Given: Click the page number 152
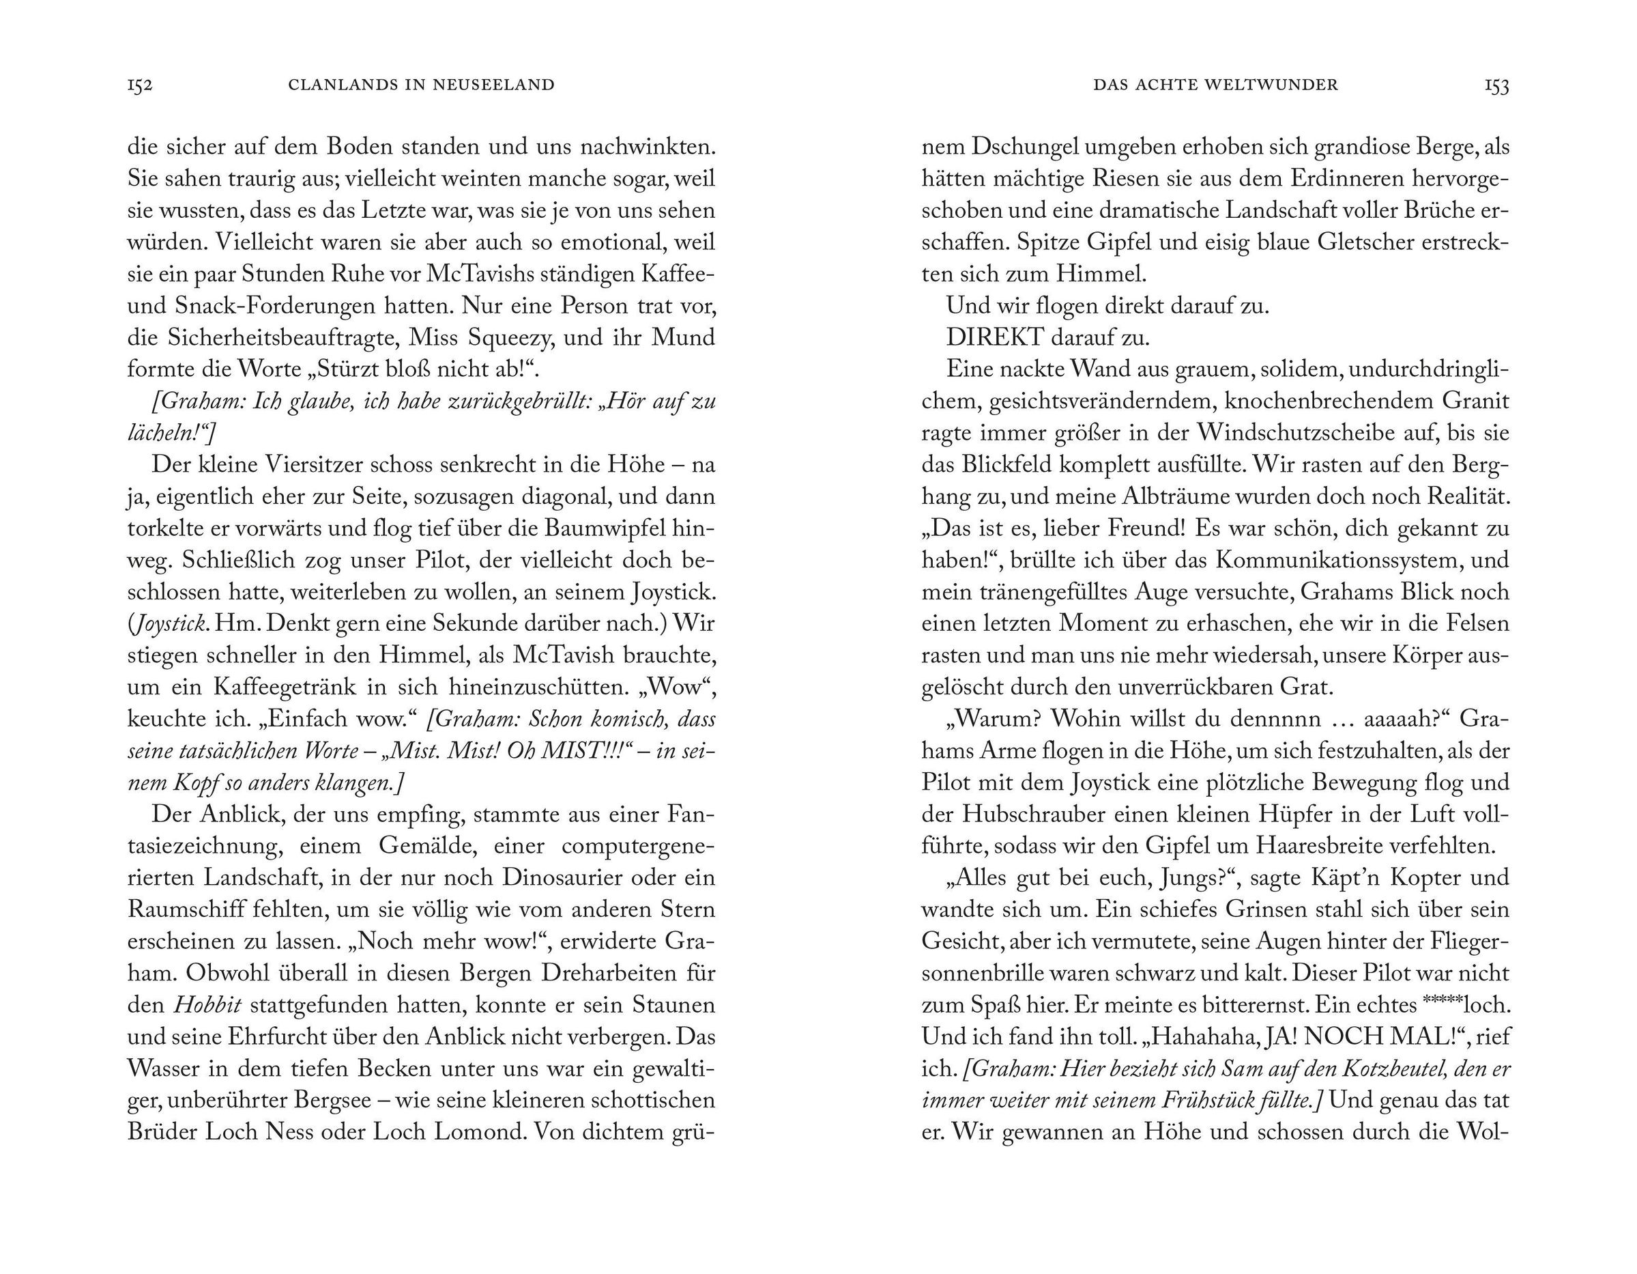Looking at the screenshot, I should click(140, 85).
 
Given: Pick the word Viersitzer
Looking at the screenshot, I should click(298, 465).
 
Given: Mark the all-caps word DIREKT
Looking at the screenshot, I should click(995, 338).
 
